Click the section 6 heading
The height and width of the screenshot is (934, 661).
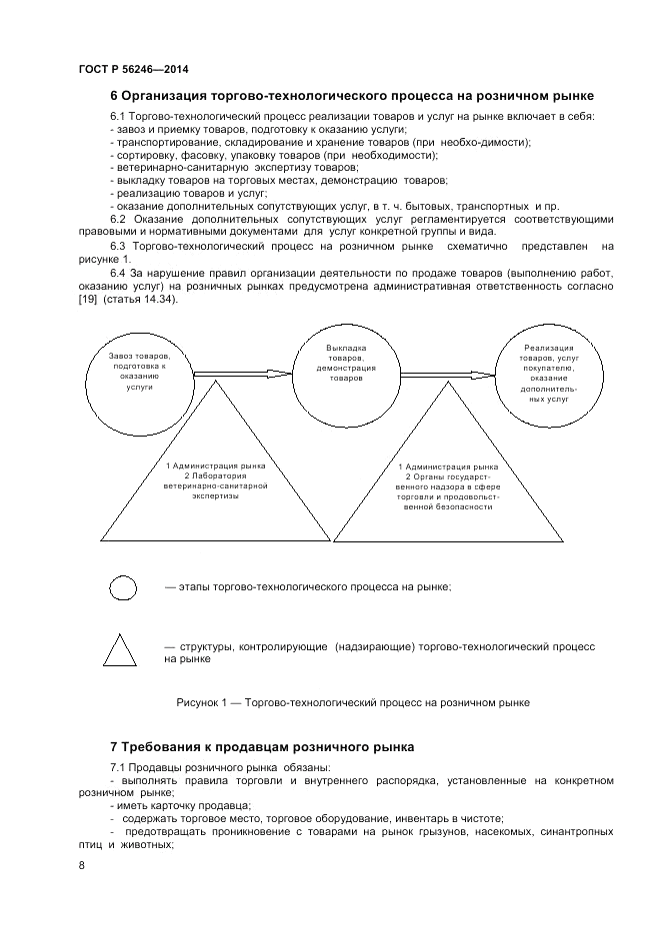click(x=351, y=97)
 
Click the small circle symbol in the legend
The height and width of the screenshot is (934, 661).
click(x=122, y=587)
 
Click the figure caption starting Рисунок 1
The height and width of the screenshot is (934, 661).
click(x=352, y=702)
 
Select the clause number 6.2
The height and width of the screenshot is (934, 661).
click(x=117, y=219)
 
